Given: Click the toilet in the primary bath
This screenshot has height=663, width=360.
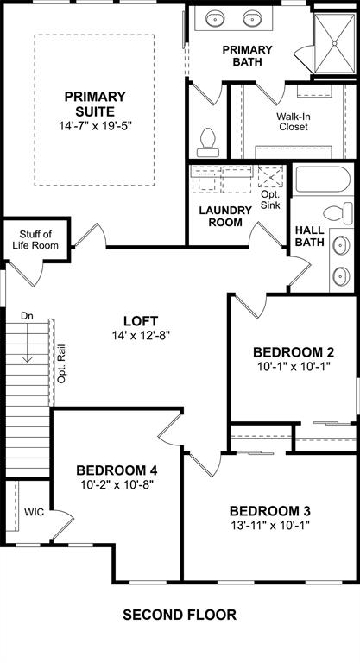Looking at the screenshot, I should pyautogui.click(x=207, y=139).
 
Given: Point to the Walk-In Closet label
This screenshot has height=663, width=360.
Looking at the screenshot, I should pyautogui.click(x=292, y=121).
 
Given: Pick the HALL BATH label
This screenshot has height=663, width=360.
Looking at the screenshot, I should pyautogui.click(x=309, y=237).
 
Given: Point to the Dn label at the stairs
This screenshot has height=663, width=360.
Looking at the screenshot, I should pyautogui.click(x=28, y=317).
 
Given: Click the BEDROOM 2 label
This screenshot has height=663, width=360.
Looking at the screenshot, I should pyautogui.click(x=292, y=352).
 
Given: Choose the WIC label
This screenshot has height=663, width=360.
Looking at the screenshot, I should pyautogui.click(x=34, y=512).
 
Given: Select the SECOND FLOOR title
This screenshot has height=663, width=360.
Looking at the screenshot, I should pyautogui.click(x=179, y=616).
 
